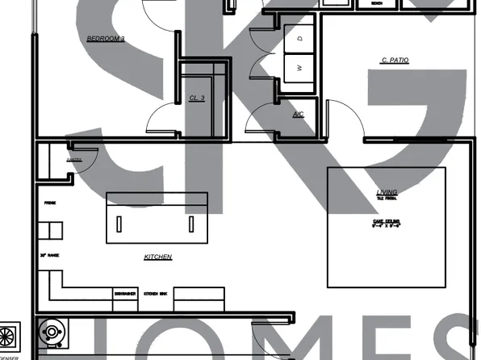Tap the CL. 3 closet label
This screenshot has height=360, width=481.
(198, 98)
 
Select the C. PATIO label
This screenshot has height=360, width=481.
(394, 61)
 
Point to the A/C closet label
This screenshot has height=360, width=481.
(298, 115)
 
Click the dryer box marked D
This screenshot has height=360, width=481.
(299, 38)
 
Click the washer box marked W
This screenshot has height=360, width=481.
(299, 68)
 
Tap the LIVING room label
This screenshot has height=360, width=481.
(387, 192)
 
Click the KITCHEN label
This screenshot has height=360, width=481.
(158, 257)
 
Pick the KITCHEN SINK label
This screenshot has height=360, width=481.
(154, 294)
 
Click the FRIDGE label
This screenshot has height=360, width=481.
(49, 203)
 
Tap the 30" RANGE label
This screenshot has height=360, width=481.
(50, 255)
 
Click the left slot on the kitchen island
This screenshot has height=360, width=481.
(119, 224)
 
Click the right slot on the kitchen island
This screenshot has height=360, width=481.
(191, 224)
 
